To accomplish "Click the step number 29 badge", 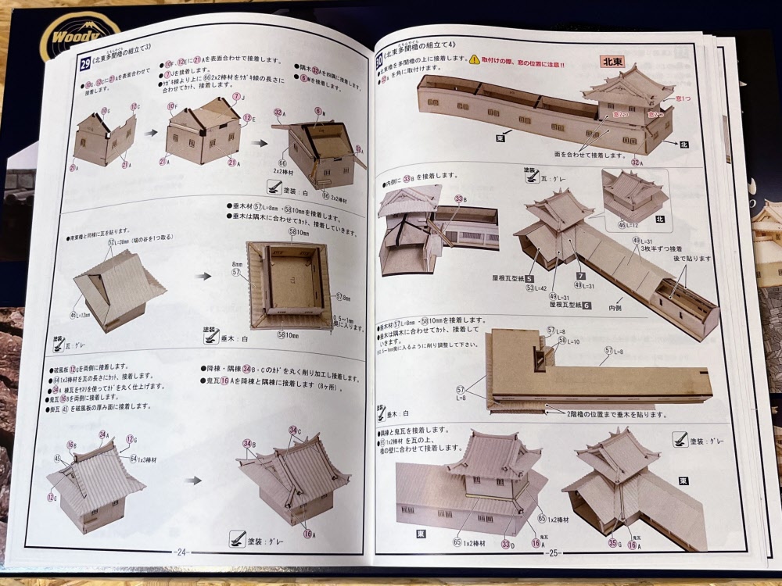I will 85,66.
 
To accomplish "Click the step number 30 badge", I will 380,59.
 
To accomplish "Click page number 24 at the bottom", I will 181,551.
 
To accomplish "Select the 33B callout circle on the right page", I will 460,198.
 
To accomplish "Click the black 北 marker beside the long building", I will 683,144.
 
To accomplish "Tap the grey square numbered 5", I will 529,279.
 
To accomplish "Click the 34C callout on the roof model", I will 294,431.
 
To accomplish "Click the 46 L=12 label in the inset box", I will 628,225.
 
